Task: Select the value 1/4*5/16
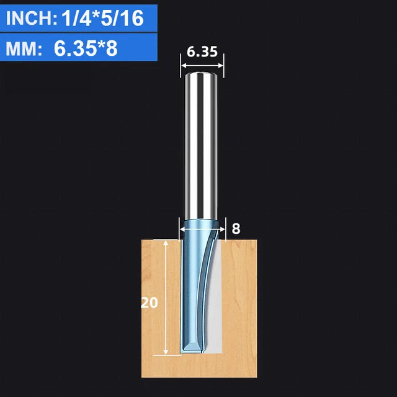tap(103, 19)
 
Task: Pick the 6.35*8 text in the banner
tap(86, 49)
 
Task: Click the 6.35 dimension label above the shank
tap(202, 52)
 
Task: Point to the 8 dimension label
tap(236, 228)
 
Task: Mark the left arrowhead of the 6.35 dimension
tap(182, 63)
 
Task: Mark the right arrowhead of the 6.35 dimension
tap(222, 63)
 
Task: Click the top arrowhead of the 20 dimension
tap(166, 244)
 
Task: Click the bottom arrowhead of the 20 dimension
tap(166, 354)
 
